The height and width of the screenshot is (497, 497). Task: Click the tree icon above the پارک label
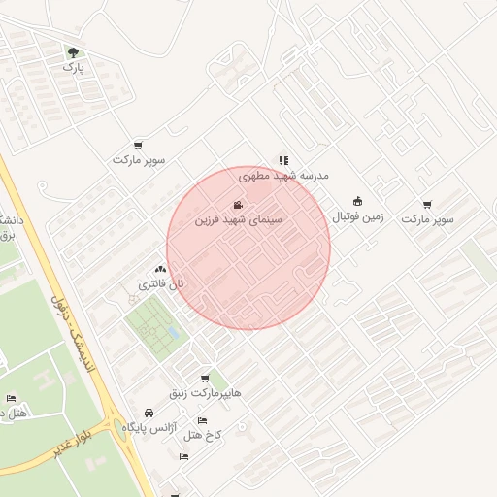tap(74, 52)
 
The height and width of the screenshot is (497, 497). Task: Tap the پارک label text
tap(74, 68)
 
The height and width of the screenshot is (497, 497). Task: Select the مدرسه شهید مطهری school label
tap(283, 176)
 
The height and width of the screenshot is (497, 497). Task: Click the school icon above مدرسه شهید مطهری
tap(283, 160)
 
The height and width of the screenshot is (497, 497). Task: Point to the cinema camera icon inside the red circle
tap(239, 205)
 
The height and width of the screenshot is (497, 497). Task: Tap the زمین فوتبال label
tap(358, 216)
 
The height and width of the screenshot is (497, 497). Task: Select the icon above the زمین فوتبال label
tap(358, 201)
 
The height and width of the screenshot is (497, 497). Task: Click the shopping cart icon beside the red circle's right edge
tap(428, 205)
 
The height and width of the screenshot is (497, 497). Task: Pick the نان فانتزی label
tap(160, 284)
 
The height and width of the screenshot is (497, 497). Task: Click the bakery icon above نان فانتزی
tap(160, 269)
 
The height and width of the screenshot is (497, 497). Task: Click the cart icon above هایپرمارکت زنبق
tap(204, 379)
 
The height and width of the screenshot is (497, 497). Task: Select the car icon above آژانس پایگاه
tap(148, 412)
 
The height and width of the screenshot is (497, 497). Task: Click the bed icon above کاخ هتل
tap(202, 420)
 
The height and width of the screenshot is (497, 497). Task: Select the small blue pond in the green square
tap(172, 333)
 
